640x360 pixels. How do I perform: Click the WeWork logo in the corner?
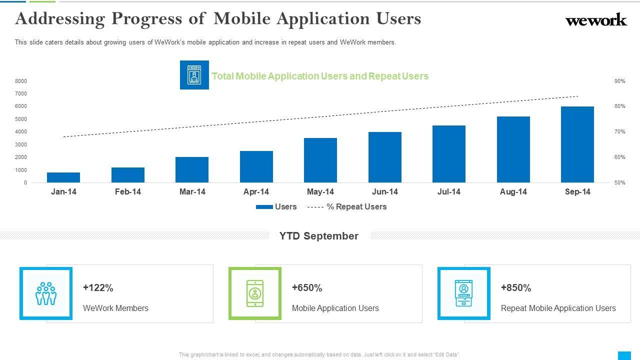pos(595,20)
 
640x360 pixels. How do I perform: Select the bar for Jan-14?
pos(63,177)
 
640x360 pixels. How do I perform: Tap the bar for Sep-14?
pos(577,144)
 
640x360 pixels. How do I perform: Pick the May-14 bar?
pos(320,160)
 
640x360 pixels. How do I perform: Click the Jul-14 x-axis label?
pos(449,192)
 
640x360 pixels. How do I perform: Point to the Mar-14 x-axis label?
pos(192,192)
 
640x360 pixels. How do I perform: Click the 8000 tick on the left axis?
pos(21,81)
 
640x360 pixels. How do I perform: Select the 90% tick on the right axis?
pos(619,81)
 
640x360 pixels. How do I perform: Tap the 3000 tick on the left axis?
pos(21,144)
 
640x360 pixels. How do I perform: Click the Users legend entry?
pos(276,207)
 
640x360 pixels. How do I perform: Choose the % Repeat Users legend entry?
pos(347,207)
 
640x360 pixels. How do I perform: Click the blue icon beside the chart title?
pos(194,75)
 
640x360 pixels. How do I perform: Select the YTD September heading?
pos(319,236)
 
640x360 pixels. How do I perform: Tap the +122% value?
pos(98,288)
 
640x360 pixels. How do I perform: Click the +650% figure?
pos(307,288)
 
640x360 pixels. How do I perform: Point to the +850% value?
pos(516,288)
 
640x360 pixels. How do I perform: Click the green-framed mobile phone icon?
pos(255,293)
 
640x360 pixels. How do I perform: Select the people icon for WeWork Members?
pos(46,293)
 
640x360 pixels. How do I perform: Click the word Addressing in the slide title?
pos(60,18)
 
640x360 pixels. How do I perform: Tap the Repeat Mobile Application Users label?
pos(558,308)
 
